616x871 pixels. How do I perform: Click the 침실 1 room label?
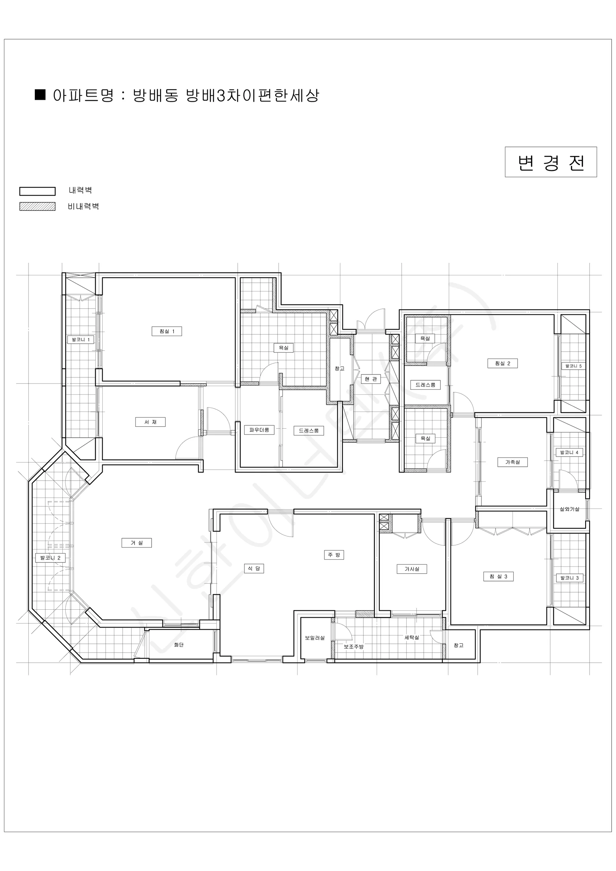click(x=167, y=331)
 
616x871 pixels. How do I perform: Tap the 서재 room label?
click(x=150, y=422)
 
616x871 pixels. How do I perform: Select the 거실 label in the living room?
click(x=136, y=543)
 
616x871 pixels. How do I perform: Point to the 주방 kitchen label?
click(x=334, y=555)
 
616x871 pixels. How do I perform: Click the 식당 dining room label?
click(x=254, y=568)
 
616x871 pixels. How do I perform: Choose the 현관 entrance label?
click(x=371, y=379)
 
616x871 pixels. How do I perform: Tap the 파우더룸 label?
click(x=259, y=430)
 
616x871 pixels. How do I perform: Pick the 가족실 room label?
click(x=513, y=462)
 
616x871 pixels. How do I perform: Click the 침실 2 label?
click(x=502, y=363)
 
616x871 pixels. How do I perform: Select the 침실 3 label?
click(x=498, y=577)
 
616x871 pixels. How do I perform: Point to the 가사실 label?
click(x=411, y=569)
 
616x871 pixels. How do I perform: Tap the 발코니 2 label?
click(x=50, y=558)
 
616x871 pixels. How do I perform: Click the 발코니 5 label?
click(x=573, y=366)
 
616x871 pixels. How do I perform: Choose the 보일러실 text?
click(x=315, y=638)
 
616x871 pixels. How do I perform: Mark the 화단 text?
click(x=178, y=645)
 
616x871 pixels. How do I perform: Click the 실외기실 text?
click(x=569, y=509)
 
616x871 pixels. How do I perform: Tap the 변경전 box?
click(x=551, y=162)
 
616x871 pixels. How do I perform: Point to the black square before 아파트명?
click(x=40, y=94)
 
